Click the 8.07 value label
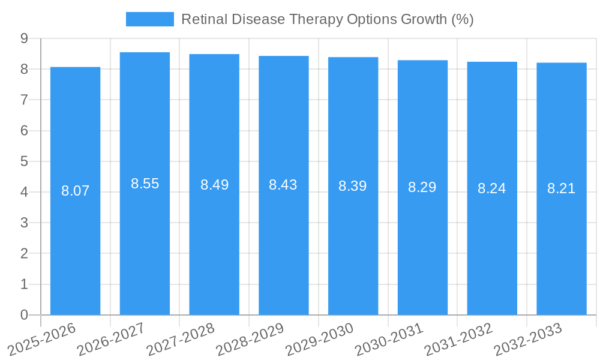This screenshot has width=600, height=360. click(75, 191)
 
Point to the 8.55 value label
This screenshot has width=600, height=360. click(145, 184)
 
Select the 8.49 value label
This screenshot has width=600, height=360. click(214, 185)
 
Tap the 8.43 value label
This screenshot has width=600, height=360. click(283, 185)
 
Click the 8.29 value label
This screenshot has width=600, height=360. click(422, 187)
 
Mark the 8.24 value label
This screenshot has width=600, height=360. click(491, 188)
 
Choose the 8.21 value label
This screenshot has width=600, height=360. click(561, 188)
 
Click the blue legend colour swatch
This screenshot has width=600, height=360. click(149, 19)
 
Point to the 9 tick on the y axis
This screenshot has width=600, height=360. click(24, 38)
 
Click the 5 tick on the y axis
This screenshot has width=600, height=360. click(24, 161)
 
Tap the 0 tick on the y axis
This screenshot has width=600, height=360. click(24, 315)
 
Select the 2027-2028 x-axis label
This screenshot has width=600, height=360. click(181, 339)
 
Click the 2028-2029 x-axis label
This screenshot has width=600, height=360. click(250, 339)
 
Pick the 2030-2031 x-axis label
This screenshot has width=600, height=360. click(389, 339)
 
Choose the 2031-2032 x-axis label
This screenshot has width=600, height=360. click(458, 339)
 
